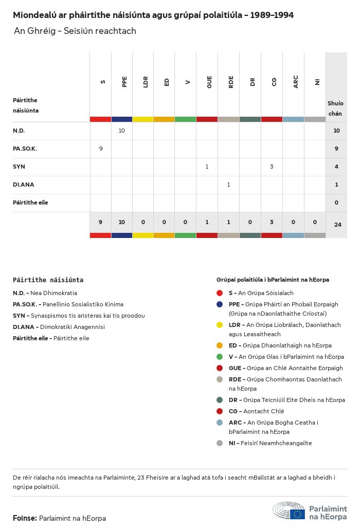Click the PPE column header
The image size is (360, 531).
124,82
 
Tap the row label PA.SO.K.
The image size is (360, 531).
25,149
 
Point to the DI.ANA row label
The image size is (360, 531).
24,185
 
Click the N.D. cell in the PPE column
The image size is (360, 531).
122,131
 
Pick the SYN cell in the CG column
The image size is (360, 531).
272,167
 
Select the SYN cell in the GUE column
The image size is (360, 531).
207,167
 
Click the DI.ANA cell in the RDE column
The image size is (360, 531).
228,185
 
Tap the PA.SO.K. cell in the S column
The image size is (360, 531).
101,149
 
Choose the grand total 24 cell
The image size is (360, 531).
337,225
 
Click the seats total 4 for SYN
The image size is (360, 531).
336,167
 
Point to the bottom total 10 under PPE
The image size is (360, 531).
122,222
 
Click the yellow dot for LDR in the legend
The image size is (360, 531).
220,325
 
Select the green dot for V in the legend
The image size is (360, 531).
220,357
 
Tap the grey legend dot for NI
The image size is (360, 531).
220,443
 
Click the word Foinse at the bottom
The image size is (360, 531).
24,518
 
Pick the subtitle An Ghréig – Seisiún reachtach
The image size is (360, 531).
75,31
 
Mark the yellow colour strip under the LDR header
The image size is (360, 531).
143,119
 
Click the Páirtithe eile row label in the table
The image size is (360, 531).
30,203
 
